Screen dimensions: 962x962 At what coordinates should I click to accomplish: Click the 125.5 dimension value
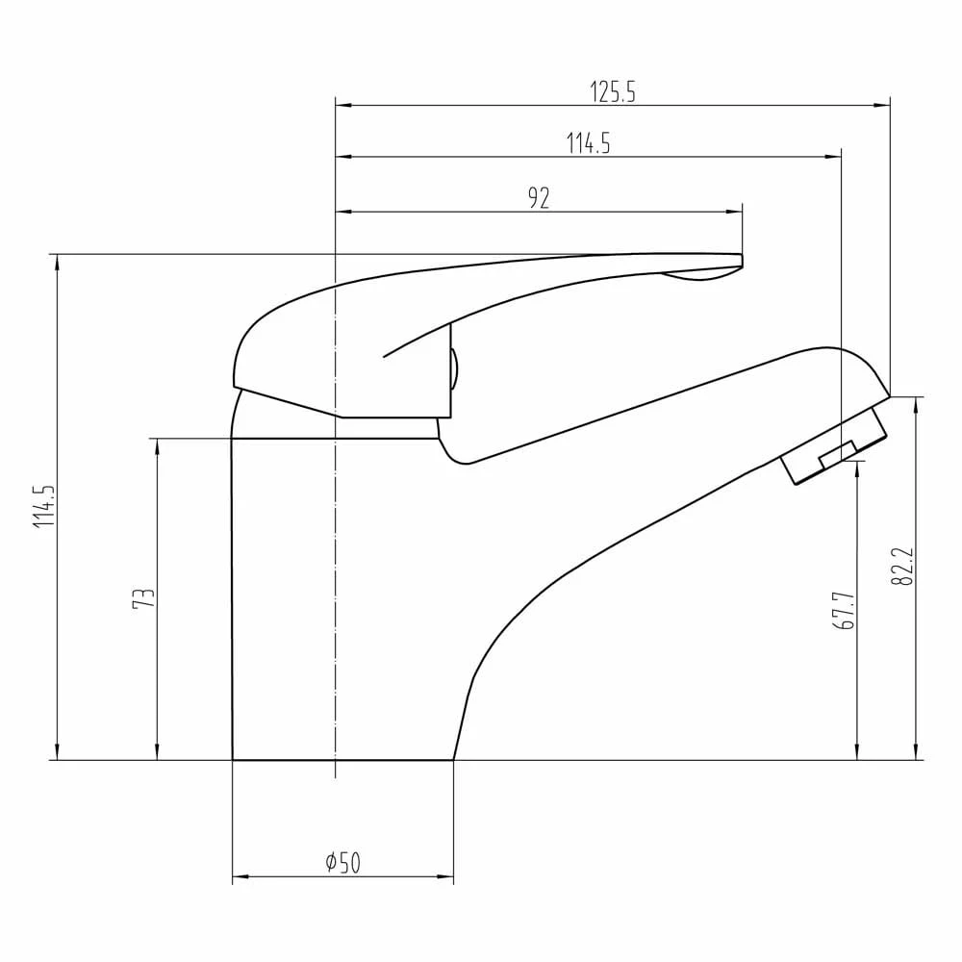tap(613, 91)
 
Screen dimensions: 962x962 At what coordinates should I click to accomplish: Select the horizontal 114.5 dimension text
tap(589, 143)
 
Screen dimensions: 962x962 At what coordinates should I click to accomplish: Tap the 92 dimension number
tap(539, 198)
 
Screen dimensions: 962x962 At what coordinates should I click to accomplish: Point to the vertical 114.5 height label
tap(43, 507)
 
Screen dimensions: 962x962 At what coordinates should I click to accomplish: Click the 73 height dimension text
tap(143, 598)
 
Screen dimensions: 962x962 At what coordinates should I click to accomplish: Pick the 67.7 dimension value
tap(846, 611)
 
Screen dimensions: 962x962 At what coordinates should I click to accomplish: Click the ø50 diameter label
tap(342, 863)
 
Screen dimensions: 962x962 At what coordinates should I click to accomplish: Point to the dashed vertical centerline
tap(335, 577)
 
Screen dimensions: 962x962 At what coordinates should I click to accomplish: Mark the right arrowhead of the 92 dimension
tap(737, 212)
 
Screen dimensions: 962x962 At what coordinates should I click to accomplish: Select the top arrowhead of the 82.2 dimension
tap(915, 403)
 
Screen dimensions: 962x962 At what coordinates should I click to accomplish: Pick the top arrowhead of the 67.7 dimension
tap(857, 468)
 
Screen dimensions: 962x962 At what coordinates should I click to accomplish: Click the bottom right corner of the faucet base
tap(453, 759)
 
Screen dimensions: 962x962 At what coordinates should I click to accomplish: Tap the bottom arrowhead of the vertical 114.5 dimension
tap(58, 753)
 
